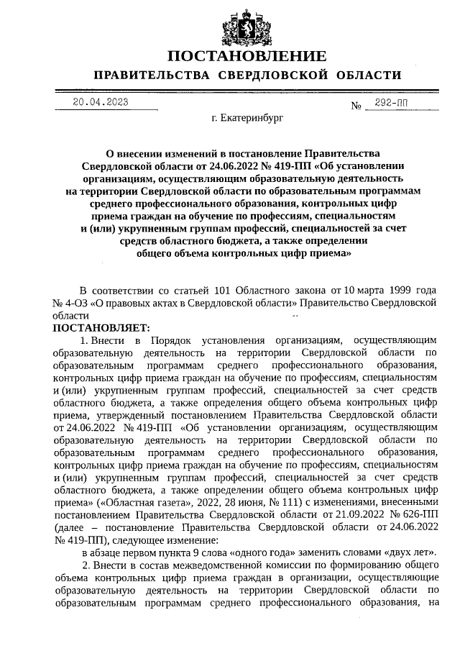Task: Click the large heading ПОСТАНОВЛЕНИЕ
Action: (x=247, y=56)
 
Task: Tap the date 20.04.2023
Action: (x=101, y=102)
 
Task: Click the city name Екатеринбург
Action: (x=248, y=117)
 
